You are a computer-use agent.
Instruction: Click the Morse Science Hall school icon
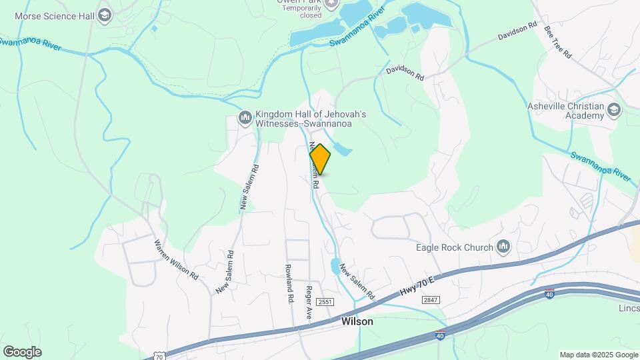click(105, 15)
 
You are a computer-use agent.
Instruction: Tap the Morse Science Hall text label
click(55, 15)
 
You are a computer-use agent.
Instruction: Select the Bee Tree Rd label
click(557, 42)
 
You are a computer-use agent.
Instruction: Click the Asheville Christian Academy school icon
click(614, 110)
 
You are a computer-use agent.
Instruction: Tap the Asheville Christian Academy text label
click(565, 111)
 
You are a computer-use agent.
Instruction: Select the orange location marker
click(320, 159)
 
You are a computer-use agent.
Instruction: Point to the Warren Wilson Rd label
click(177, 259)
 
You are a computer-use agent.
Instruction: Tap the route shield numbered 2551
click(325, 302)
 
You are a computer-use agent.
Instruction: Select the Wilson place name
click(357, 321)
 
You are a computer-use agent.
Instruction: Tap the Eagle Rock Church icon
click(503, 247)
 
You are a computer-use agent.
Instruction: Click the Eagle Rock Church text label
click(453, 248)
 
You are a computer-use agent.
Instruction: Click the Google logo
click(22, 351)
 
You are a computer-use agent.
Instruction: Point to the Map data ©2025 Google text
click(598, 355)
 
